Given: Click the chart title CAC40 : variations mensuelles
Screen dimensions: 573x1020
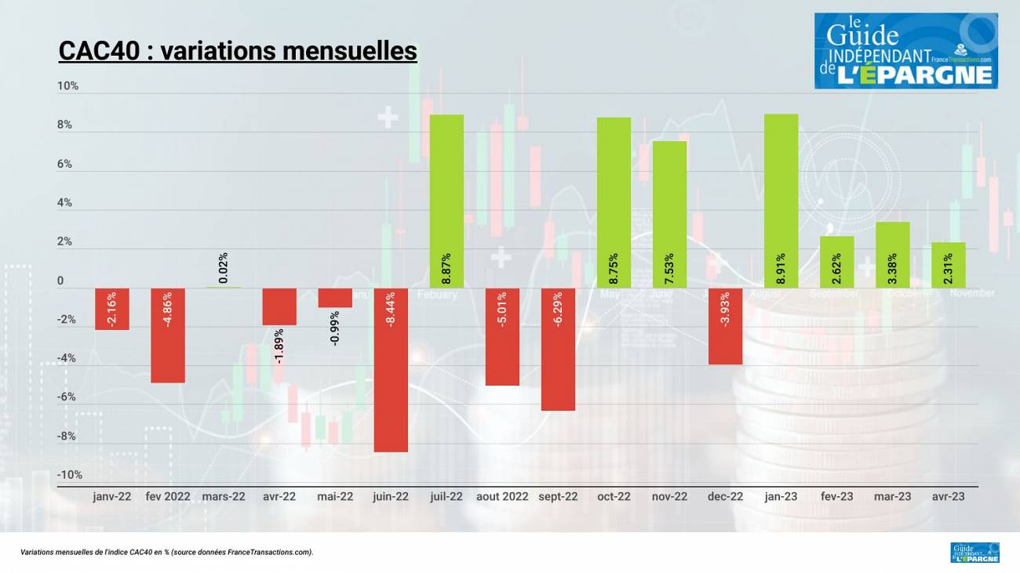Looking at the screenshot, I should [x=238, y=52].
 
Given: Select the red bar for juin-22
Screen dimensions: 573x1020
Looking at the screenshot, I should [x=391, y=369].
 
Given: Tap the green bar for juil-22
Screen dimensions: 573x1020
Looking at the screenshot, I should [x=446, y=201].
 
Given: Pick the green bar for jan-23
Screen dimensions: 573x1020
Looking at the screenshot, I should [x=781, y=201].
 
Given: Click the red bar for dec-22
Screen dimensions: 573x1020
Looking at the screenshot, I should [x=725, y=326].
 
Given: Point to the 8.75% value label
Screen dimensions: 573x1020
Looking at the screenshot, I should [x=614, y=268].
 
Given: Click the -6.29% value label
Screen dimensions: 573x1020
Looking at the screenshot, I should [x=558, y=309].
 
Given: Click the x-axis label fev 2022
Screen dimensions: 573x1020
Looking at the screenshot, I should [x=168, y=496].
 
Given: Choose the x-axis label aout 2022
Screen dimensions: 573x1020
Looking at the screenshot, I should [x=502, y=496].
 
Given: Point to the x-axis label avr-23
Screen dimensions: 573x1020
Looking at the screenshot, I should [x=948, y=496].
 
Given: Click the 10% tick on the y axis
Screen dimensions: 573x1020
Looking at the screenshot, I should [x=68, y=86].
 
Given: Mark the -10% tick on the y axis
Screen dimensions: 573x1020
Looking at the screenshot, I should [x=69, y=475].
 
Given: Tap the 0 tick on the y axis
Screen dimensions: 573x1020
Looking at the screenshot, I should [x=60, y=281].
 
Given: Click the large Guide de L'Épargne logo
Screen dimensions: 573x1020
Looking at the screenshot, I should [x=905, y=51].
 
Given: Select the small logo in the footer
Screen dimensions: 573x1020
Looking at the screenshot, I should [x=974, y=553].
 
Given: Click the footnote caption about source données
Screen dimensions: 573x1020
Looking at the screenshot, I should [x=167, y=553].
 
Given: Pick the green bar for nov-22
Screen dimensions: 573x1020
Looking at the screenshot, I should [x=669, y=214].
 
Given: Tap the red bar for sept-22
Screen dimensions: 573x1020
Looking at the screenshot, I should [x=558, y=350].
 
